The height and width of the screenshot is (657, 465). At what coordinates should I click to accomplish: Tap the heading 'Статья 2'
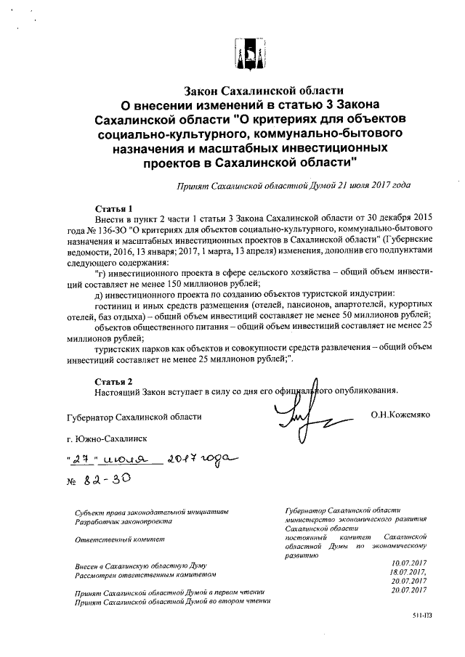point(113,380)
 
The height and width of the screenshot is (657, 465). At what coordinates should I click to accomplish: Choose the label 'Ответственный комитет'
point(120,539)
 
